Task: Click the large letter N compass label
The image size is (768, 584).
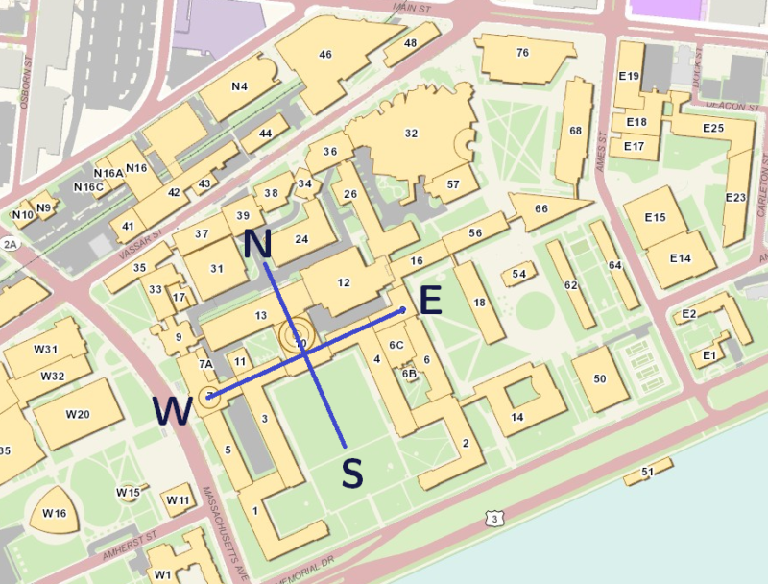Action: pos(256,245)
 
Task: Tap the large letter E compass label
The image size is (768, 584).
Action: pos(430,301)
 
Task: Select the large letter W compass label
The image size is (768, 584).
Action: pos(173,411)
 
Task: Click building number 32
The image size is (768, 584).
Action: pos(411,134)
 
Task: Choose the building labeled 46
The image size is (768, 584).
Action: pos(325,55)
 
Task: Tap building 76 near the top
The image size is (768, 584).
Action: pos(522,53)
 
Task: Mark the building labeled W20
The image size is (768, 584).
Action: pos(78,414)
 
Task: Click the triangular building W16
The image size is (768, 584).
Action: pos(54,514)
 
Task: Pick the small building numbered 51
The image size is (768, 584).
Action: pos(647,472)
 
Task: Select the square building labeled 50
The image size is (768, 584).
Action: pos(600,379)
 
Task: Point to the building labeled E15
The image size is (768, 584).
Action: pos(656,218)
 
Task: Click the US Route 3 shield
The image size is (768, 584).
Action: pos(494,520)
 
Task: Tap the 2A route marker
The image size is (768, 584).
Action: pos(11,244)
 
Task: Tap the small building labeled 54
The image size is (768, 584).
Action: pos(519,275)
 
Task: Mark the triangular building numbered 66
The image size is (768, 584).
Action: pos(541,209)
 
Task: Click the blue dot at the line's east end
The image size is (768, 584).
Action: pos(402,309)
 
